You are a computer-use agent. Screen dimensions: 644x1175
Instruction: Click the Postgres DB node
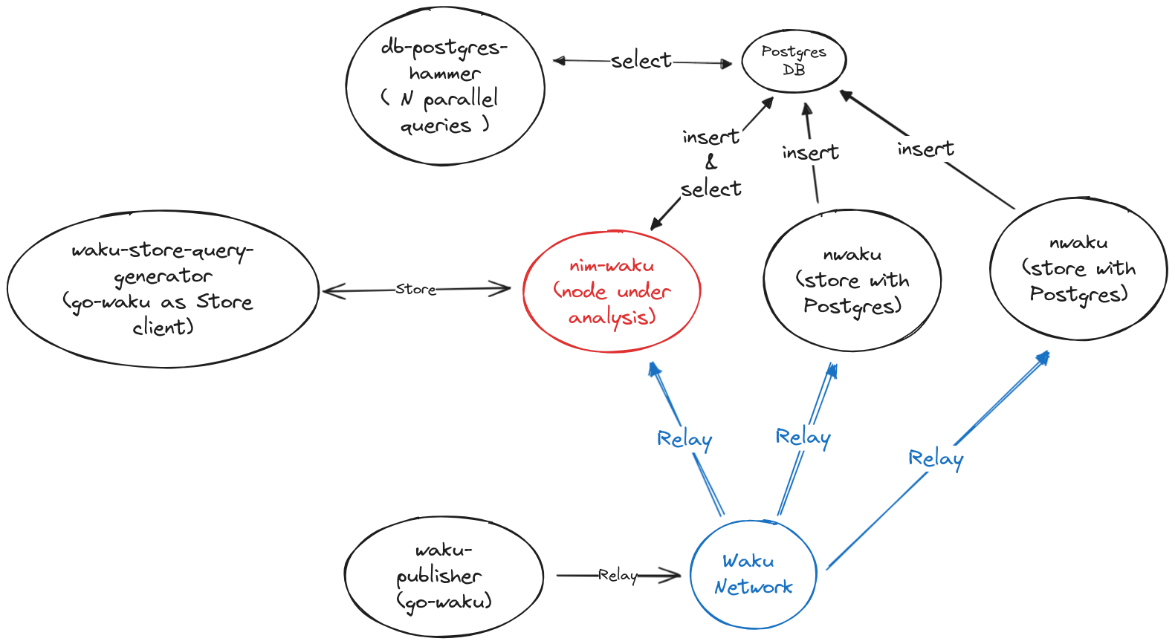(x=794, y=61)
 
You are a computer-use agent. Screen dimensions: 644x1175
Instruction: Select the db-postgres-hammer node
(x=444, y=85)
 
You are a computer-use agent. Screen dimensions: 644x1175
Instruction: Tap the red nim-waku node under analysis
(x=612, y=291)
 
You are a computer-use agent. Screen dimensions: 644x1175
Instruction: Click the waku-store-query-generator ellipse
(x=163, y=288)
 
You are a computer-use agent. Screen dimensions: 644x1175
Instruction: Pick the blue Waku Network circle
(x=753, y=574)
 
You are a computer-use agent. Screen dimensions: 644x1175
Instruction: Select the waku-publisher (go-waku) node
(x=444, y=576)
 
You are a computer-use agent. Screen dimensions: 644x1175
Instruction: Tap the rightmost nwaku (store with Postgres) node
(x=1078, y=269)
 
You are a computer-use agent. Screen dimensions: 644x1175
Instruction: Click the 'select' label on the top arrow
(x=641, y=61)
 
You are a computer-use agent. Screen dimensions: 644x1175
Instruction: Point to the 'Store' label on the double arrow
(x=415, y=289)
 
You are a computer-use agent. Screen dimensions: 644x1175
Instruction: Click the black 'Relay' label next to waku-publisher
(x=618, y=575)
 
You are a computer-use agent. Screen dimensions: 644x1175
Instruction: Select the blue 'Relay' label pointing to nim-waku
(x=684, y=440)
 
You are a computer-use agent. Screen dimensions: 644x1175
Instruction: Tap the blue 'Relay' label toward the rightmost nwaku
(x=936, y=459)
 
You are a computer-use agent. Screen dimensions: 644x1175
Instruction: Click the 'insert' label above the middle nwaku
(x=810, y=153)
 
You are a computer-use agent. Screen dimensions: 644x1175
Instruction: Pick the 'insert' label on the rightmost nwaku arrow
(x=925, y=149)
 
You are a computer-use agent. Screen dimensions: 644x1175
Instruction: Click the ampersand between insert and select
(x=711, y=162)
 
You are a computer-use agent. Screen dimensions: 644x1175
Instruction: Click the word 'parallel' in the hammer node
(x=460, y=100)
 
